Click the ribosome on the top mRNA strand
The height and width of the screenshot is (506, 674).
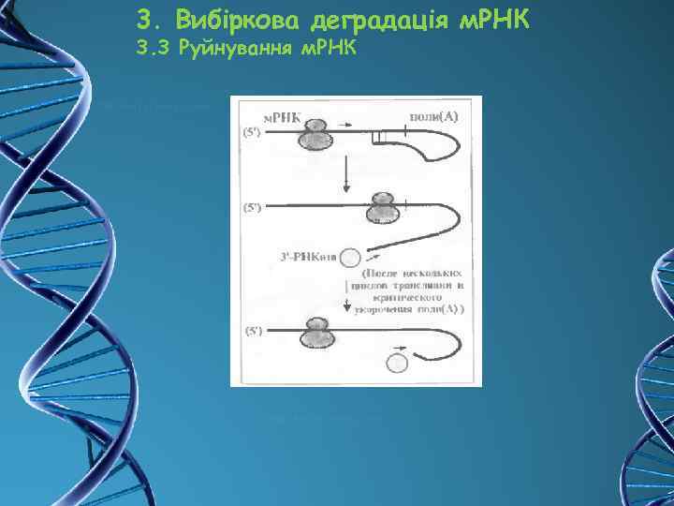tap(315, 135)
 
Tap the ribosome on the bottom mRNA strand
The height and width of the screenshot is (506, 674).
tap(315, 333)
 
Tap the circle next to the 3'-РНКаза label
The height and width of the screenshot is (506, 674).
tap(350, 257)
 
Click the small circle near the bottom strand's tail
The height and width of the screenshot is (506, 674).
tap(398, 362)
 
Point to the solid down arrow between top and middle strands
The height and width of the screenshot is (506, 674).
tap(346, 173)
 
